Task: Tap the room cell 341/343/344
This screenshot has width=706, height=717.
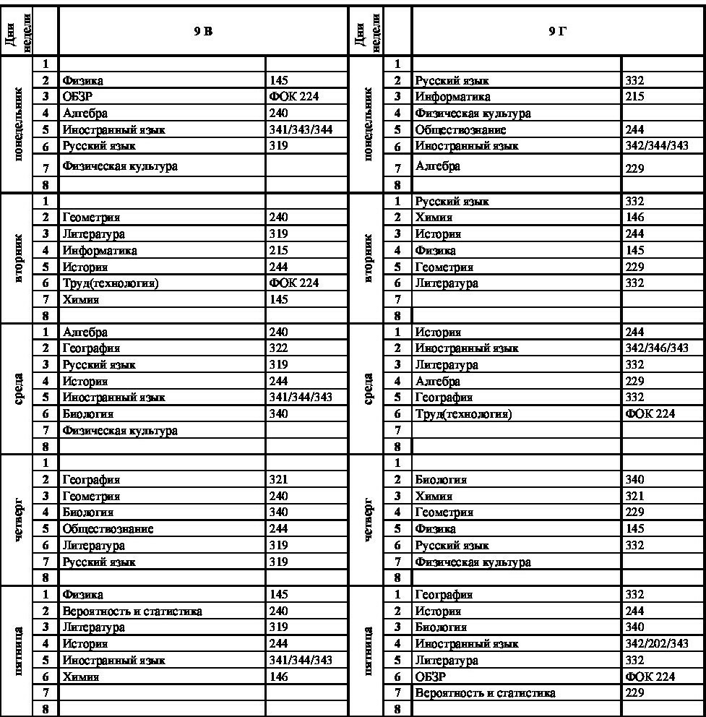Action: (299, 129)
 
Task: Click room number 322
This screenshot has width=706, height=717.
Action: (278, 348)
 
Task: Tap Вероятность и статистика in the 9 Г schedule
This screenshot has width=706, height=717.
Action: (485, 693)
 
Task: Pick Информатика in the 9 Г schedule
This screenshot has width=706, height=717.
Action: (452, 97)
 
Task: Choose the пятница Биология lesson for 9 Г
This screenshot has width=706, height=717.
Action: (441, 627)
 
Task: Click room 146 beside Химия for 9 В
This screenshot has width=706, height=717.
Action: (278, 677)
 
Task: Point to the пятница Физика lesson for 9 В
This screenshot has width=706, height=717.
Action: (82, 595)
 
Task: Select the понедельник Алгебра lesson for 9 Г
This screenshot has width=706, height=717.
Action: (437, 167)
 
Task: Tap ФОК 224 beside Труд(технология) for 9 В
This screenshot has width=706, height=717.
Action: (293, 283)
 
